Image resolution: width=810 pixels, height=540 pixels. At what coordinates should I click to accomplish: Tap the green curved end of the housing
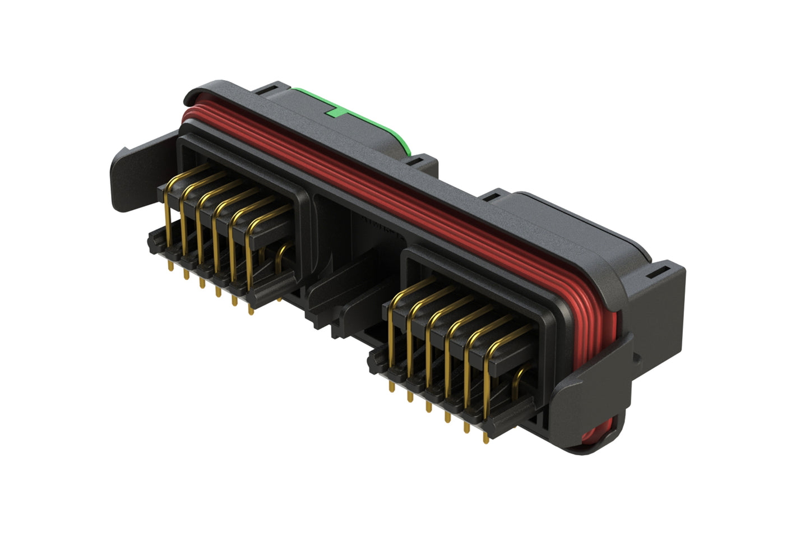[402, 140]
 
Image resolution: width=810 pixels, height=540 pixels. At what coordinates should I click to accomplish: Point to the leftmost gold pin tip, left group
[170, 269]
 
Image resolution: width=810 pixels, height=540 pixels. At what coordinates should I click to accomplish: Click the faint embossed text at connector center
[381, 224]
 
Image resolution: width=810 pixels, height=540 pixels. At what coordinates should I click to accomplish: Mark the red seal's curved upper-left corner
[191, 112]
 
